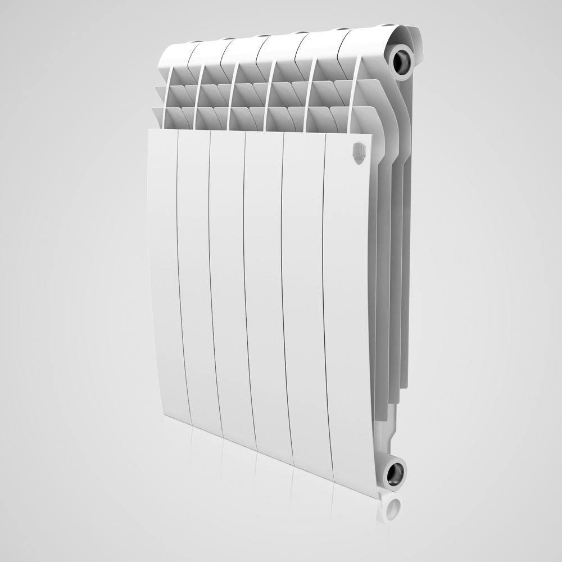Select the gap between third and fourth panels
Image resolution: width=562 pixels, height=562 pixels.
click(247, 287)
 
